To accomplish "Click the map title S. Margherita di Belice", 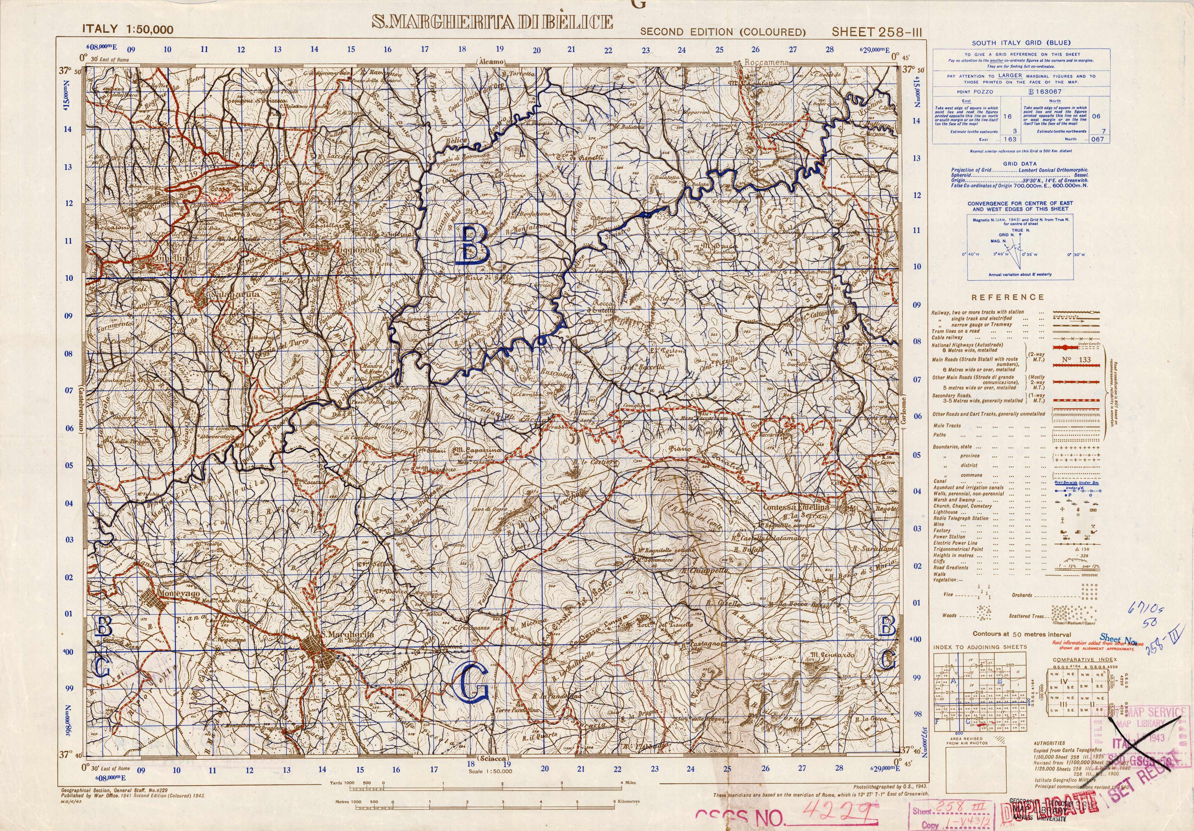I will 492,22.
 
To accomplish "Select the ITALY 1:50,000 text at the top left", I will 128,30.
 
